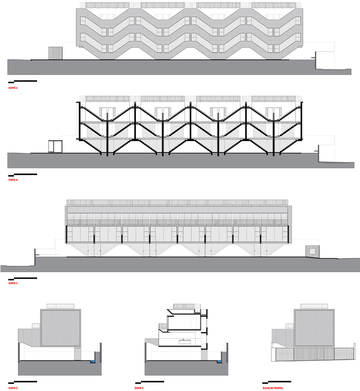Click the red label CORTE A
tap(13, 88)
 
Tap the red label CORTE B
tap(13, 180)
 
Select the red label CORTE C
tap(13, 283)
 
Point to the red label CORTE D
tap(13, 388)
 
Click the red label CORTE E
tap(139, 388)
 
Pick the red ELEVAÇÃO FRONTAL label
tap(273, 388)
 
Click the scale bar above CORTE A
tap(23, 81)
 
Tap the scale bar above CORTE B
tap(23, 175)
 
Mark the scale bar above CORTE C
tap(23, 278)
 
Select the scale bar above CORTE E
tap(150, 382)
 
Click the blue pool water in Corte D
tap(93, 361)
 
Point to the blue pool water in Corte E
tap(219, 361)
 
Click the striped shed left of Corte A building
tap(55, 53)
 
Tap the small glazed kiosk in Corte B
tap(55, 147)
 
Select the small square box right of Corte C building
tap(312, 251)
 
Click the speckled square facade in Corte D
tap(61, 328)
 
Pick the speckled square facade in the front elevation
tap(314, 328)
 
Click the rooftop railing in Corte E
tap(187, 306)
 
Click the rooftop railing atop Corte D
tap(60, 306)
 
